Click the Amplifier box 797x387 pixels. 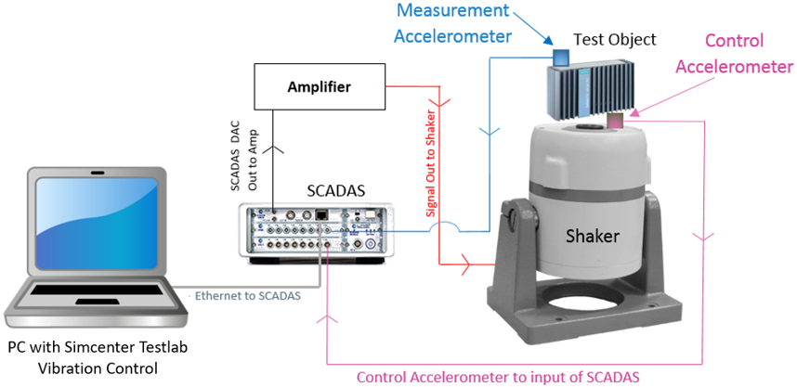click(319, 86)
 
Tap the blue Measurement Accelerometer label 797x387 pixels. click(453, 23)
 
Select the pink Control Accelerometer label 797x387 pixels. click(734, 53)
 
